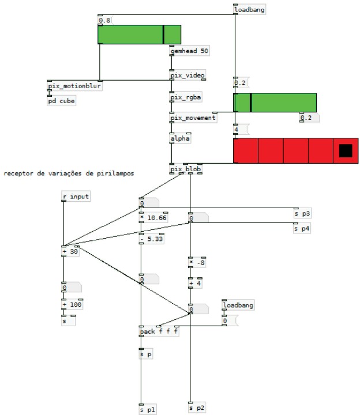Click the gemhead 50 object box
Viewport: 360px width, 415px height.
tap(189, 51)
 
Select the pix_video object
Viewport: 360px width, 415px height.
tap(187, 76)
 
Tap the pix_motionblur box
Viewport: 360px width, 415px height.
tap(74, 86)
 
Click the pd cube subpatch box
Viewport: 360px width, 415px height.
tap(62, 101)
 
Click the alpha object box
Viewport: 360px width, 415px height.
tap(180, 138)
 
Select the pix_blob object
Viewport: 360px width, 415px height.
tap(185, 169)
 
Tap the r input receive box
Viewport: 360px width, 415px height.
tap(76, 197)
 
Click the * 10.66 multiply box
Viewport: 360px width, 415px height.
tap(153, 217)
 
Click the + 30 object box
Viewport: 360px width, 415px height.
tap(71, 251)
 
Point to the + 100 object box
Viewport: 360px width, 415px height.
tap(73, 304)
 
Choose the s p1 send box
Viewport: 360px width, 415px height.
tap(148, 409)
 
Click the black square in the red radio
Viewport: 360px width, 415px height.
tap(345, 150)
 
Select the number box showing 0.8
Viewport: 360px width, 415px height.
tap(105, 21)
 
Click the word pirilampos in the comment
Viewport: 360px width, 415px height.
tap(112, 173)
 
